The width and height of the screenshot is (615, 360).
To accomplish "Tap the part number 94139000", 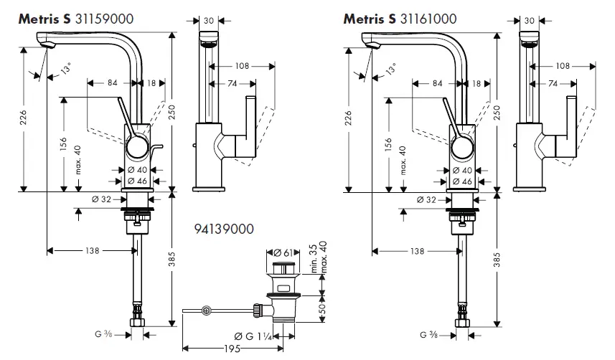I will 224,229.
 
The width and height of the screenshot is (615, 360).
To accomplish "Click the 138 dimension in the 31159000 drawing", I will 90,250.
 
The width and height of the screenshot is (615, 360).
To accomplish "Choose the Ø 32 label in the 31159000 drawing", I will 101,199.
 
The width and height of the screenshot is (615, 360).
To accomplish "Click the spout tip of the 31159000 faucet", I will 48,46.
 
